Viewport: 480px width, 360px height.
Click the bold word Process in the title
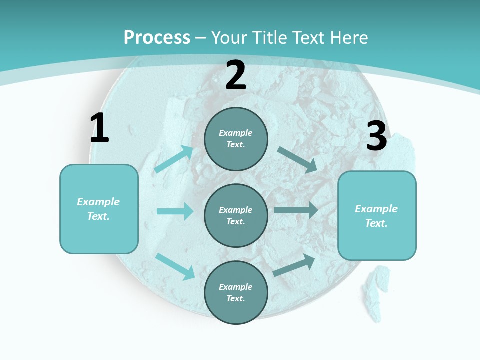tap(157, 38)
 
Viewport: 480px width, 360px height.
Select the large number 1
tap(99, 128)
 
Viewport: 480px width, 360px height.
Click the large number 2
tap(236, 75)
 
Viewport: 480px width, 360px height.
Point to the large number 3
tap(376, 136)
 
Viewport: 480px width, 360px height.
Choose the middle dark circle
tap(236, 216)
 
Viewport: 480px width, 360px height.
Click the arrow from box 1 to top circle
tap(174, 159)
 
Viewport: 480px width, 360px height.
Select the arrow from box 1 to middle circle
tap(175, 211)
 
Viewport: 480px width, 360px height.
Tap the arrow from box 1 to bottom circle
tap(175, 266)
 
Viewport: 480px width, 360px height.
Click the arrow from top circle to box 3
tap(297, 160)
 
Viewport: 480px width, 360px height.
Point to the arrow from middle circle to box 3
tap(296, 210)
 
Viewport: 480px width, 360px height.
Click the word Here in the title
tap(350, 38)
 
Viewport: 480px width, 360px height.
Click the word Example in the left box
tap(98, 202)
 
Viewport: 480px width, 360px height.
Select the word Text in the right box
tap(376, 223)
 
